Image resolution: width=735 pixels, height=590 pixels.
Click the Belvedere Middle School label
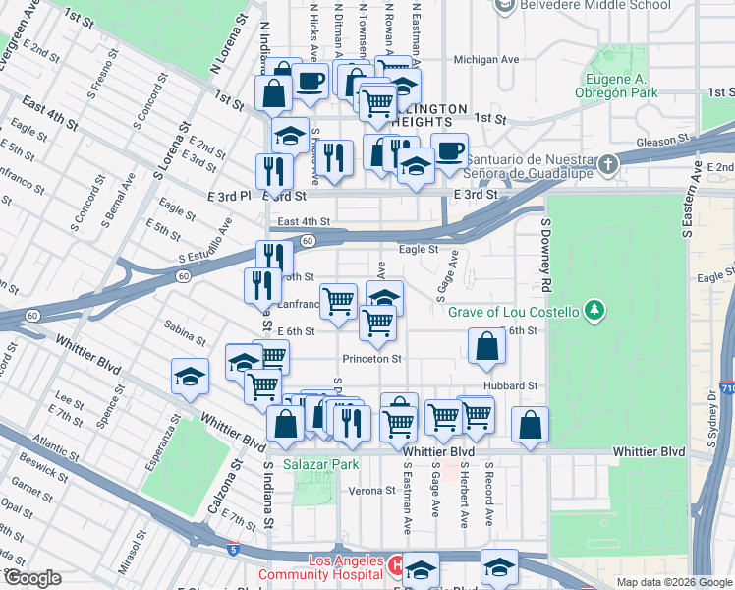point(585,6)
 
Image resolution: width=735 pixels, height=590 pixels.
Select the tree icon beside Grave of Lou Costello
point(594,312)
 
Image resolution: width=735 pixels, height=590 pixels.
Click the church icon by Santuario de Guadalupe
point(608,162)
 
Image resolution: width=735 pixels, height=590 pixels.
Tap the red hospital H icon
point(395,565)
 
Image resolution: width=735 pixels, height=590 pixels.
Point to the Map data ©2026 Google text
point(674,582)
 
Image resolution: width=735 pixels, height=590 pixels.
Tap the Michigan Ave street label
point(485,59)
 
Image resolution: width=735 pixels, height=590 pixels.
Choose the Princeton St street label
point(372,359)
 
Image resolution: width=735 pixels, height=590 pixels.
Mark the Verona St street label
point(369,491)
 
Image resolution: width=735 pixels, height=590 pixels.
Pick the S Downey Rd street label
point(544,256)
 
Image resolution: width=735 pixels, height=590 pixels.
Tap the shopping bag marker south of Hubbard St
point(530,425)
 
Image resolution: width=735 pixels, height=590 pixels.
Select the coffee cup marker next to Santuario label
point(449,151)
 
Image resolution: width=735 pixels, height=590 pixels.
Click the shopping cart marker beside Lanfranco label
point(339,301)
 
